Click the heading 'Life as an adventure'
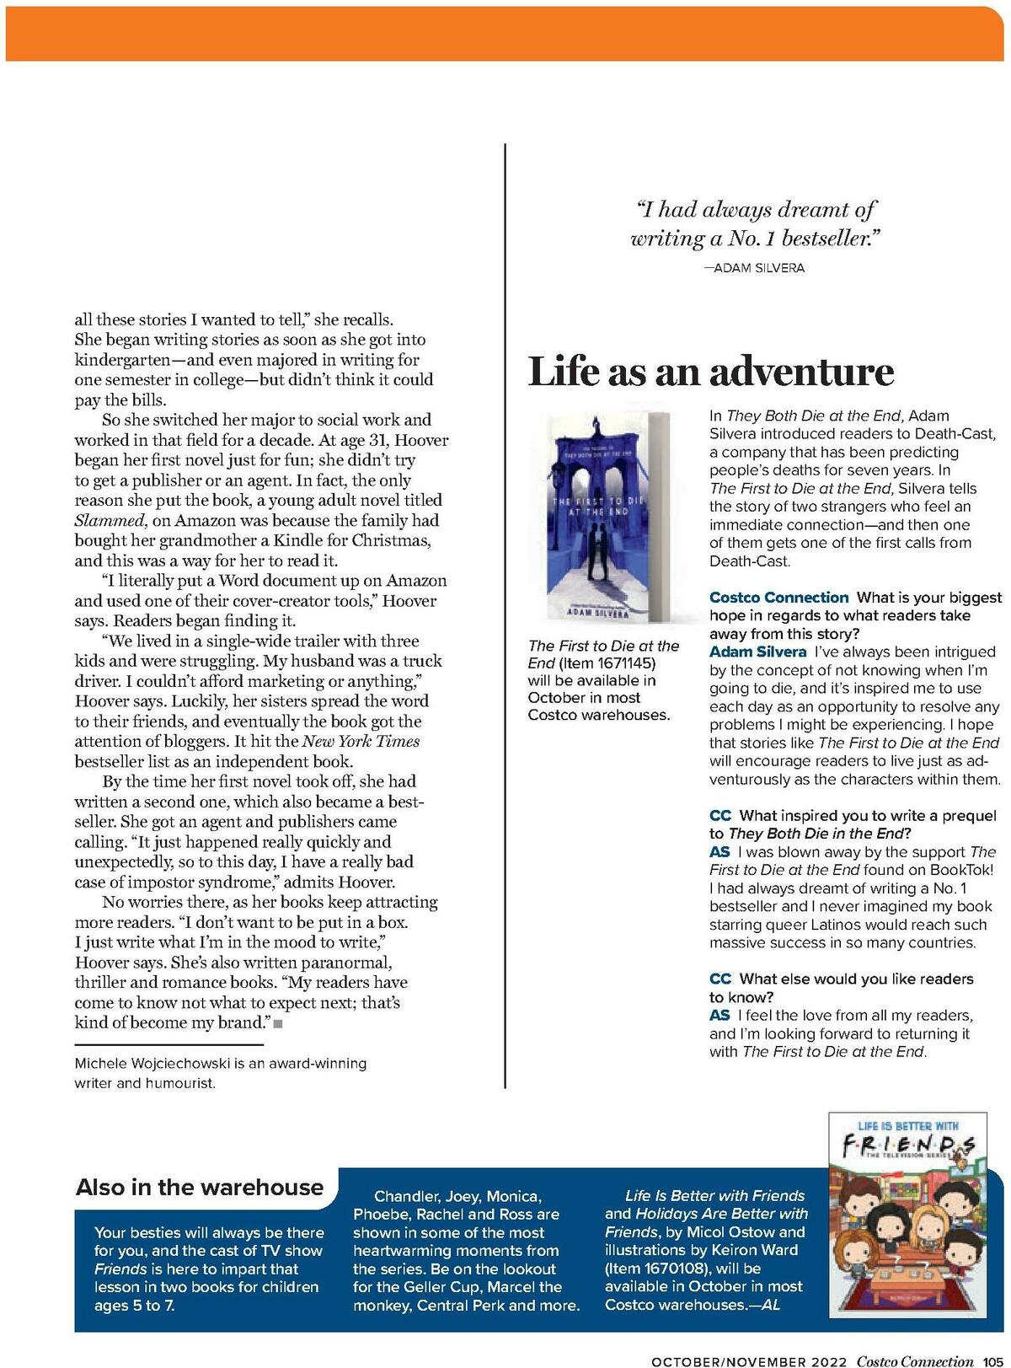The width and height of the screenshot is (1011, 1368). point(710,372)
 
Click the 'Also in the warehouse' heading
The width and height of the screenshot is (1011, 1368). point(200,1187)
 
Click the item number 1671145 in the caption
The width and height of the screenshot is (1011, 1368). point(626,663)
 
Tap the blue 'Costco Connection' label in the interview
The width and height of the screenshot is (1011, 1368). point(778,598)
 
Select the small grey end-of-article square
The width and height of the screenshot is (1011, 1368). point(278,1024)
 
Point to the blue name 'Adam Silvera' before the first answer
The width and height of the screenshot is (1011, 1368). point(757,652)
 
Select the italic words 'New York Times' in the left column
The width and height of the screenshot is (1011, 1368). point(361,742)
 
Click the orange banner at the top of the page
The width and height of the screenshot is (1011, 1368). point(505,34)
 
